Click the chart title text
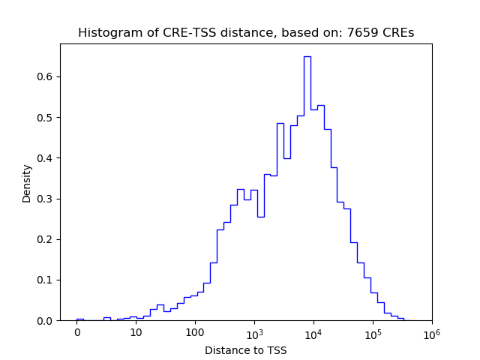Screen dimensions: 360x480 tap(246, 33)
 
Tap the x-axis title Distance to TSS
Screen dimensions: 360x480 tap(246, 350)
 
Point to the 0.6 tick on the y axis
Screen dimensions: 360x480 tap(46, 76)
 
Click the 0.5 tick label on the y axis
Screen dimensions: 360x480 tap(46, 118)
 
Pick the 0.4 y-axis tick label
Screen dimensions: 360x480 tap(46, 158)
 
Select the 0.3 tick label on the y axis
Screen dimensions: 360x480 tap(46, 199)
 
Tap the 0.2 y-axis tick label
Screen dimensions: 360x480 tap(46, 239)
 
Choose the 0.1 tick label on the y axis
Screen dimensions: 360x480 tap(46, 280)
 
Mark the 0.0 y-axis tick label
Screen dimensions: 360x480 tap(46, 321)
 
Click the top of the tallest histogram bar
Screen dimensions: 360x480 tap(307, 56)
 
